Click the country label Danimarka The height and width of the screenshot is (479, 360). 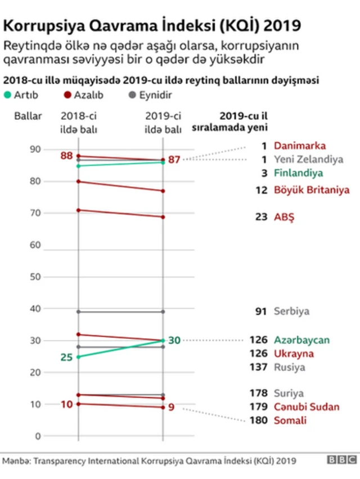pos(299,146)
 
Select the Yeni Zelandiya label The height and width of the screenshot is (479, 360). pos(308,159)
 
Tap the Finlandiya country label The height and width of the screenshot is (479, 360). pos(298,173)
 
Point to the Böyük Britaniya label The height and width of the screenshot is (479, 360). pos(312,190)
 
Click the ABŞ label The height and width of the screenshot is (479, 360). pos(284,216)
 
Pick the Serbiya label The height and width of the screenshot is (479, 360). pos(291,311)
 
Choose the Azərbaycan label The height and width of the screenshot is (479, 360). pos(301,340)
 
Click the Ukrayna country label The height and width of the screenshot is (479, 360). pos(294,354)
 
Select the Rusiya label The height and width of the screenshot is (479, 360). pos(289,367)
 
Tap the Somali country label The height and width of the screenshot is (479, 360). pos(290,420)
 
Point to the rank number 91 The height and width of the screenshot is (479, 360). pos(260,311)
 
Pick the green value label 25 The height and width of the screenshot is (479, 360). pos(67,357)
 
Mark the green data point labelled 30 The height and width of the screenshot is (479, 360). pos(163,340)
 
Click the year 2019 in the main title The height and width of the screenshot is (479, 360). pos(281,26)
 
